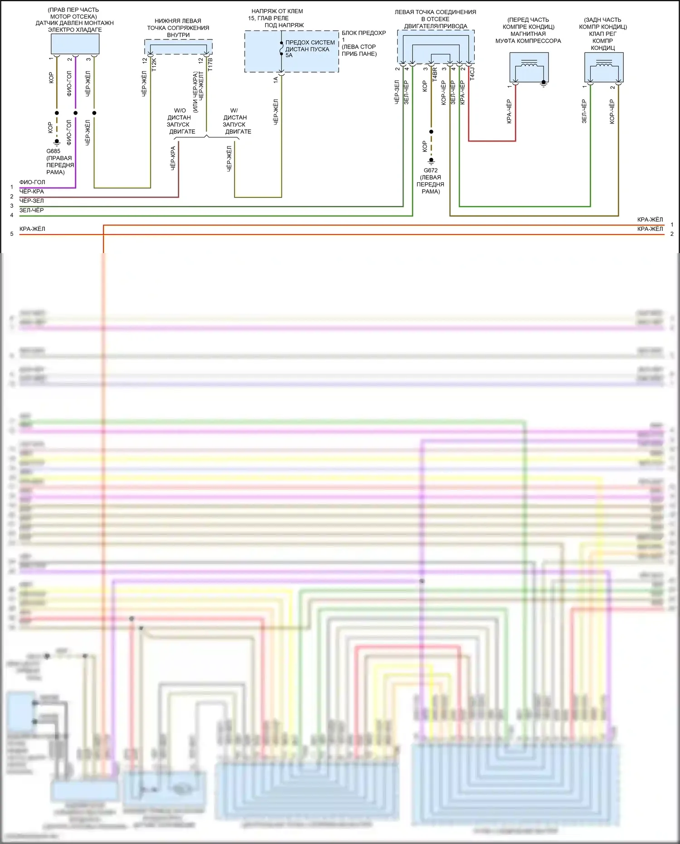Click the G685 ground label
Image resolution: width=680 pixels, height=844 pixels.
tap(53, 151)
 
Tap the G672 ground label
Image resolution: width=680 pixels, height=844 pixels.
tap(430, 171)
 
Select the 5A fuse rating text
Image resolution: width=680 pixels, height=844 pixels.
tap(289, 55)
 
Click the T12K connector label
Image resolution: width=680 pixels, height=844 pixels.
tap(154, 64)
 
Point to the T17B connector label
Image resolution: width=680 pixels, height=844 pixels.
tap(210, 64)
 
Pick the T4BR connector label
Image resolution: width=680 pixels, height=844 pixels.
tap(434, 74)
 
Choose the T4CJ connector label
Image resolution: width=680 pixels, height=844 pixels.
tap(472, 74)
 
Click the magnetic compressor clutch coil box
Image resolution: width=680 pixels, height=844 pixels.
tap(529, 67)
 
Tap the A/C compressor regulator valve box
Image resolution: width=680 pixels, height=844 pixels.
tap(603, 67)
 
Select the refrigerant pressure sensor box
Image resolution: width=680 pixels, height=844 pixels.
tap(75, 44)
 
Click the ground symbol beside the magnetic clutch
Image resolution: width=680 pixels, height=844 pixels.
tap(544, 84)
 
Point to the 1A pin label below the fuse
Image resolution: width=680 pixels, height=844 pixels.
tap(275, 79)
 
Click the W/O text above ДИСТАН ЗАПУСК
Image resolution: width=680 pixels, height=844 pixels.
tap(180, 111)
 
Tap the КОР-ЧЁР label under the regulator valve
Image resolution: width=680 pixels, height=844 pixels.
tap(612, 112)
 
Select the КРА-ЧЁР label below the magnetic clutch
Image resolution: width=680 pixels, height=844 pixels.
tap(509, 111)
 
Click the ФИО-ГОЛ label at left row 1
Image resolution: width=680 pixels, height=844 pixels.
tap(32, 182)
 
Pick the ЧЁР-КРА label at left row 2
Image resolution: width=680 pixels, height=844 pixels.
tap(32, 191)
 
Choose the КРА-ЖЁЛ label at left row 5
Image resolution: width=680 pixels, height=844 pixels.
tap(32, 229)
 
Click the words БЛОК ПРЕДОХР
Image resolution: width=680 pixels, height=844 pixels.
tap(364, 33)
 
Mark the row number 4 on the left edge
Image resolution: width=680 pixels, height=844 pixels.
tap(12, 215)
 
